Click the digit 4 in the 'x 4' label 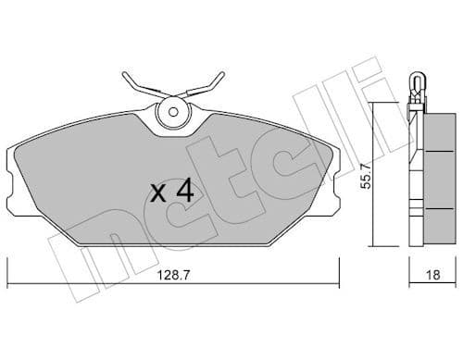(x=184, y=192)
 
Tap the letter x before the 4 (x=159, y=193)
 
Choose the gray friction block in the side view (x=434, y=176)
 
